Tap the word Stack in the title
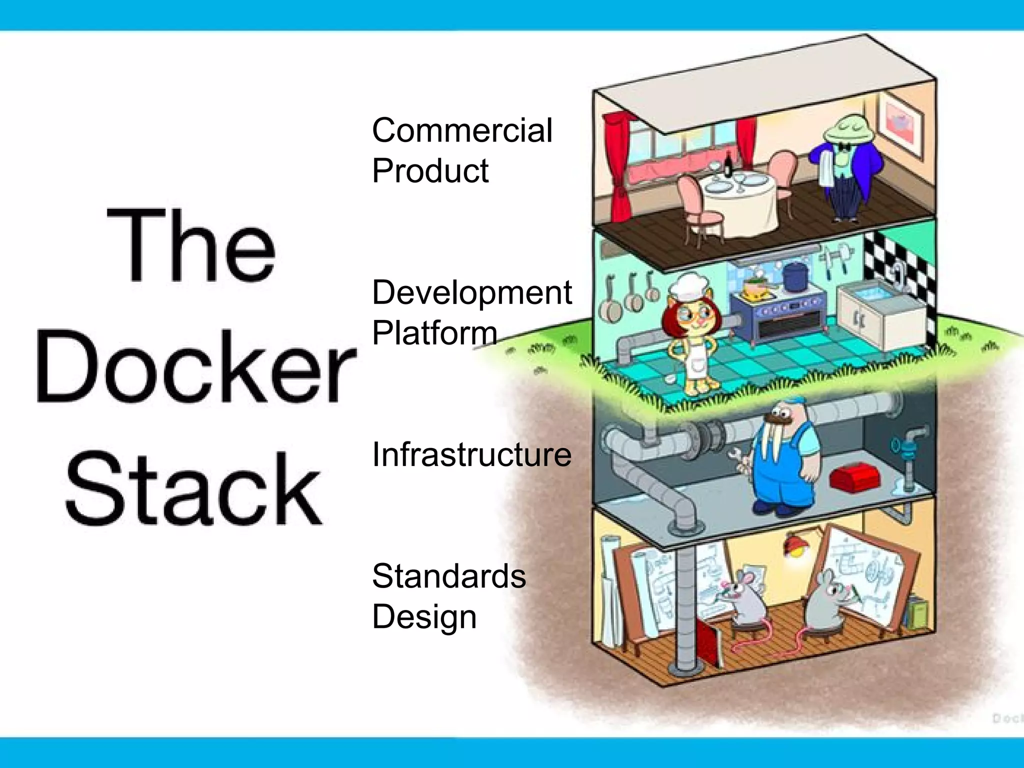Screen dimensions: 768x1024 (x=194, y=489)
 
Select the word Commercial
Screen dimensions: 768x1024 (x=461, y=130)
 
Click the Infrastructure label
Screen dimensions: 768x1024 (x=471, y=455)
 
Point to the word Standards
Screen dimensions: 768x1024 (x=448, y=576)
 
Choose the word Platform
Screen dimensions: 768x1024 (x=434, y=333)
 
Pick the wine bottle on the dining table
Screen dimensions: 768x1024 (x=728, y=164)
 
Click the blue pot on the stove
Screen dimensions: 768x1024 (x=795, y=276)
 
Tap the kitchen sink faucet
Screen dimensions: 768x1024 (x=898, y=272)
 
